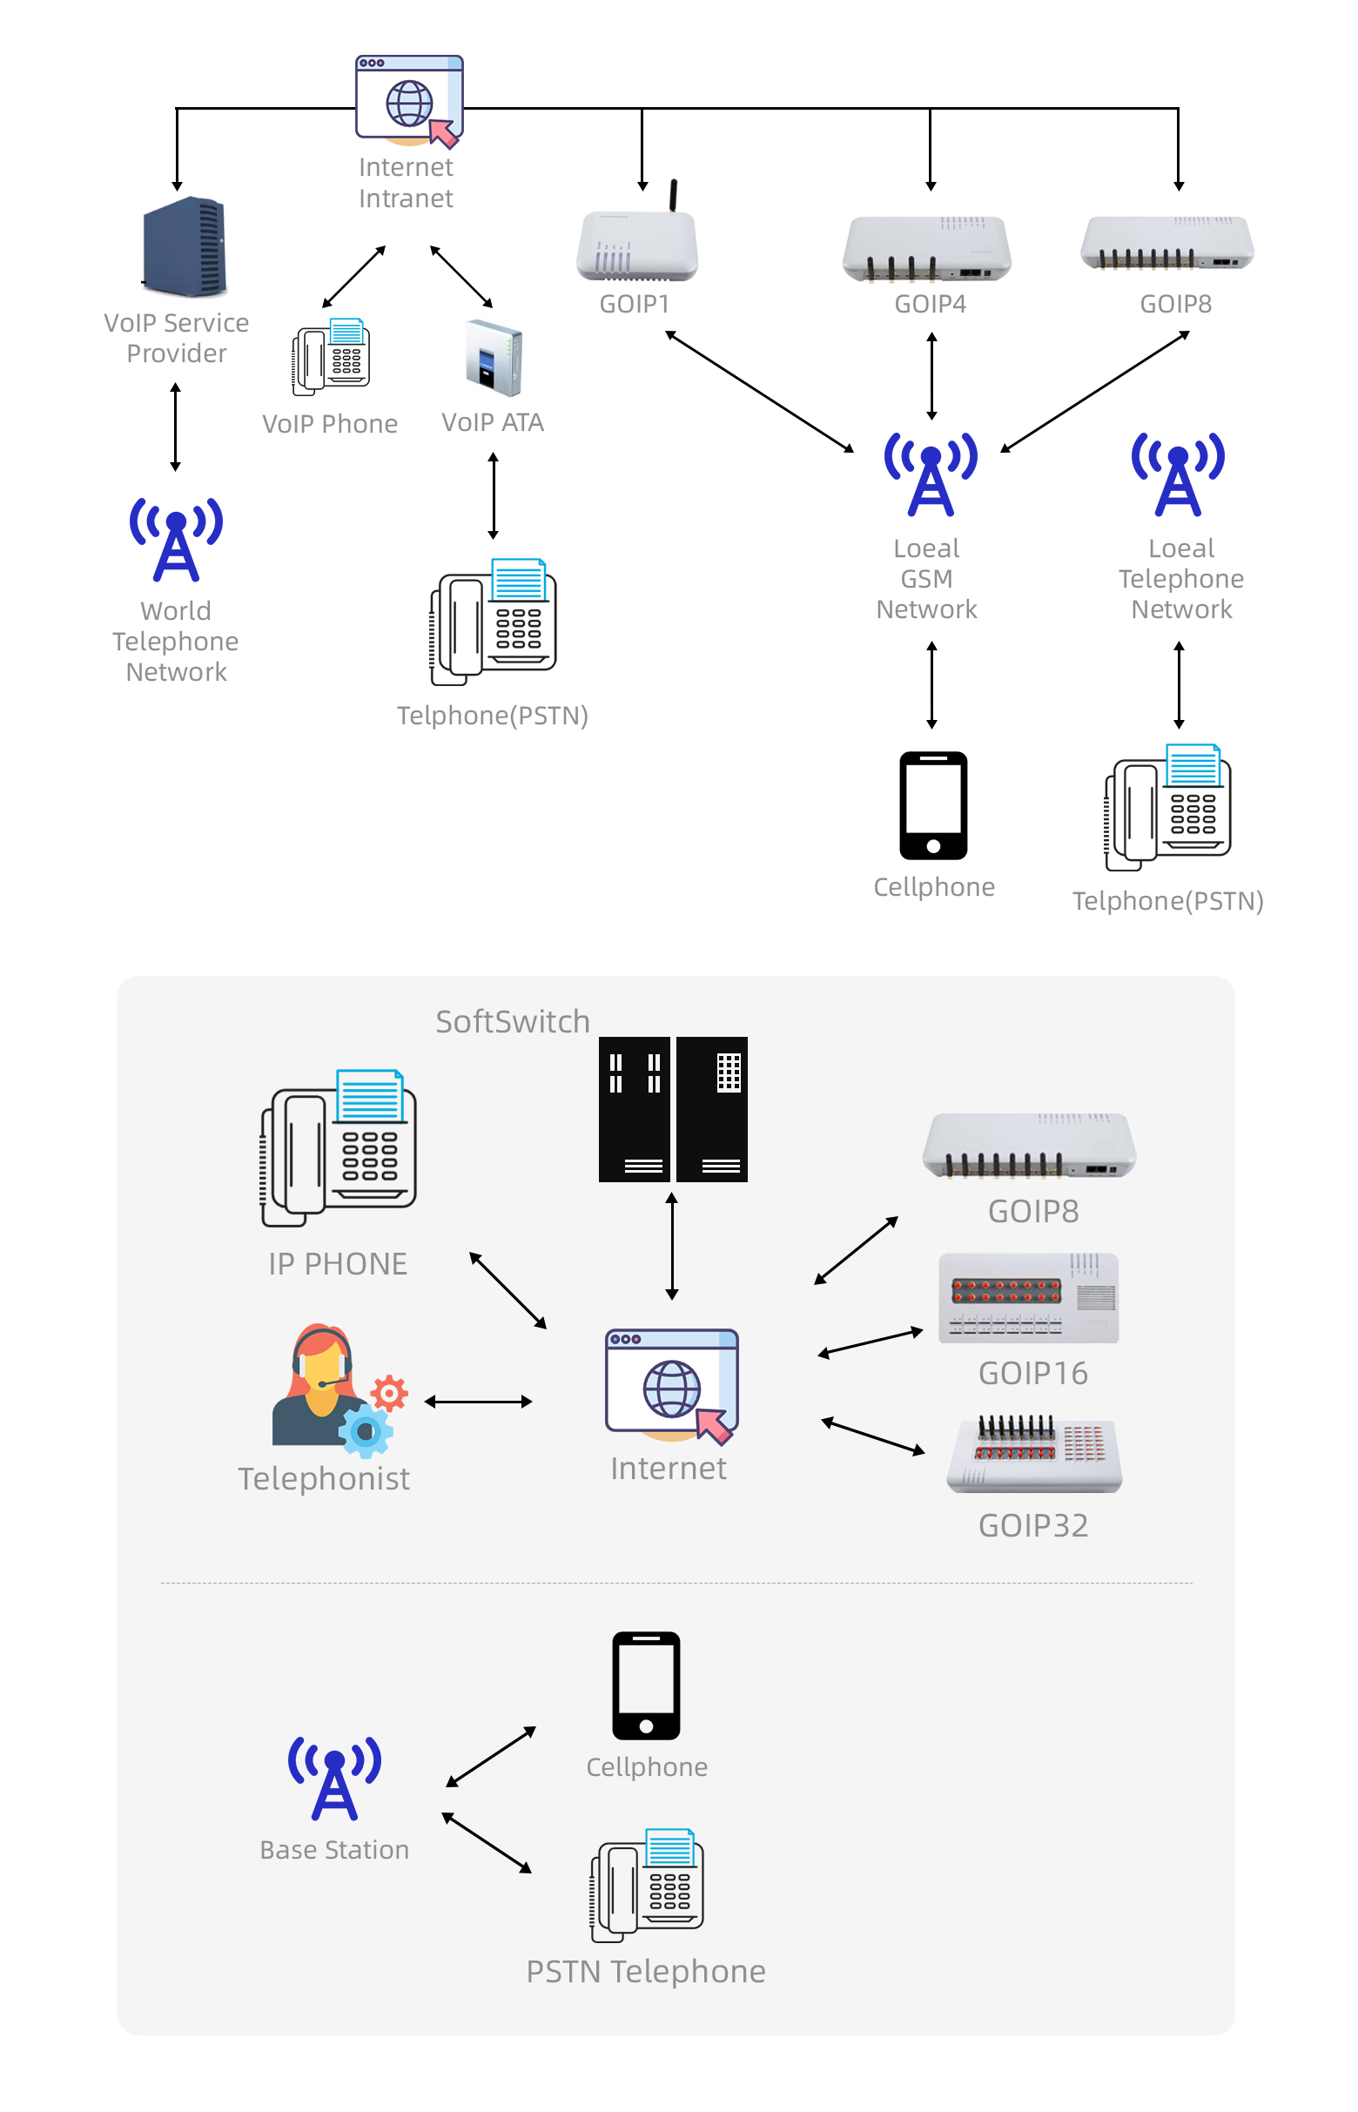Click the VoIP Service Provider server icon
tap(185, 246)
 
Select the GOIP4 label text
tap(930, 304)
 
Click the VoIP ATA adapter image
tap(494, 358)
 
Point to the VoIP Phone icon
tap(332, 356)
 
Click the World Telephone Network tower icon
tap(177, 539)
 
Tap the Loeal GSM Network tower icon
tap(931, 474)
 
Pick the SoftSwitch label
tap(513, 1021)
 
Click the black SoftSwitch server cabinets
tap(672, 1108)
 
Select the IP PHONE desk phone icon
tap(339, 1147)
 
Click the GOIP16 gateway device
tap(1028, 1297)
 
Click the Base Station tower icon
tap(334, 1777)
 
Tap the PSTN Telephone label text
tap(646, 1971)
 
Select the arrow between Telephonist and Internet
tap(478, 1402)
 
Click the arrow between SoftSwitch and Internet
tap(672, 1246)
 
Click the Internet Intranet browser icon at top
tap(409, 99)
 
